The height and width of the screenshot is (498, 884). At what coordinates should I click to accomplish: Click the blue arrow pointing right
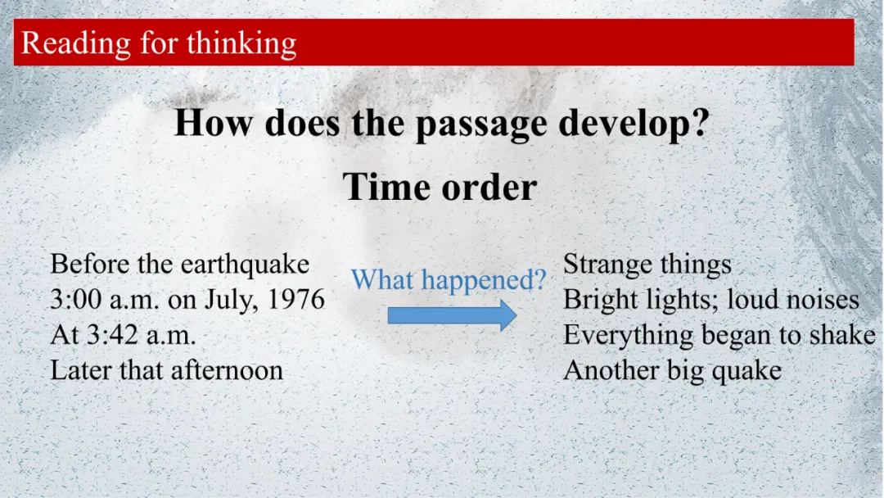(x=452, y=315)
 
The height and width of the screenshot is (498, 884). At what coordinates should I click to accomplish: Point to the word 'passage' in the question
(x=481, y=124)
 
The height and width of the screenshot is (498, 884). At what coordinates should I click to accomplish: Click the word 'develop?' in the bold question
(x=634, y=124)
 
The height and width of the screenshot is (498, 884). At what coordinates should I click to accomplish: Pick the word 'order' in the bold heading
(x=489, y=188)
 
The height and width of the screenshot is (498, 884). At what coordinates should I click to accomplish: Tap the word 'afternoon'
(x=228, y=370)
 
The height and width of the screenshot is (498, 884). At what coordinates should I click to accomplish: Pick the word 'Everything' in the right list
(x=628, y=336)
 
